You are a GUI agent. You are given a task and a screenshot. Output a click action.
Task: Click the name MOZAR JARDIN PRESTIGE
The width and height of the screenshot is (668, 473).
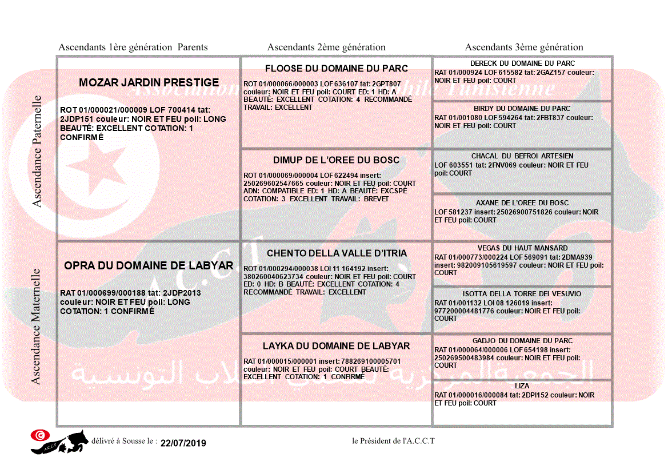coord(149,82)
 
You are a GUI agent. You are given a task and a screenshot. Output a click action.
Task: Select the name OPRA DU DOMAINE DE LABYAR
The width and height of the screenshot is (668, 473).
coord(149,265)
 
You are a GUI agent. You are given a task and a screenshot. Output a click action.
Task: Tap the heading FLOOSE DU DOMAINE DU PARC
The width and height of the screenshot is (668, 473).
coord(337,69)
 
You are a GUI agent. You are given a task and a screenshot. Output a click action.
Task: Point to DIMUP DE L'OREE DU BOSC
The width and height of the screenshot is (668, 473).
coord(337,160)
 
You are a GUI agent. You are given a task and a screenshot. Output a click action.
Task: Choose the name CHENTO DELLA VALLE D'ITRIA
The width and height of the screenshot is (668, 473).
coord(337,253)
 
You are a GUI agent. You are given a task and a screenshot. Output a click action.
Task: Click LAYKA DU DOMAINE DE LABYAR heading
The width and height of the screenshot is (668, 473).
coord(337,346)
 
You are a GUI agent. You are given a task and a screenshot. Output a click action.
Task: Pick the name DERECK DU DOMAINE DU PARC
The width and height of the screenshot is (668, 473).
coord(522,63)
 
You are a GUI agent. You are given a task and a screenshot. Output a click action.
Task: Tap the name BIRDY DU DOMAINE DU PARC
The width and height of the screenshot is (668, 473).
coord(522,109)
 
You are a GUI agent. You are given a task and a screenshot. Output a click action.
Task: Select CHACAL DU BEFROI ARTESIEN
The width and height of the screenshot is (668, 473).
coord(522,156)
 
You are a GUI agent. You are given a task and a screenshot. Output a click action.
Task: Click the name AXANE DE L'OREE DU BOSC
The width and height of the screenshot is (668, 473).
coord(522,203)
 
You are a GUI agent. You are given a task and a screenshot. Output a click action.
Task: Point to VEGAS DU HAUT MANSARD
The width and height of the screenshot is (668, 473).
coord(522,248)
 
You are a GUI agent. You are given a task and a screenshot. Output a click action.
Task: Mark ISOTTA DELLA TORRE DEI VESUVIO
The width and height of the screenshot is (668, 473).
coord(522,294)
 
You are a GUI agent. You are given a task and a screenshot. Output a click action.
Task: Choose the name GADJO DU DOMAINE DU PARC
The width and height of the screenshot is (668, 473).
coord(522,341)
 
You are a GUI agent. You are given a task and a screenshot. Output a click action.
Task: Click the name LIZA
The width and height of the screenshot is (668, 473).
coord(522,387)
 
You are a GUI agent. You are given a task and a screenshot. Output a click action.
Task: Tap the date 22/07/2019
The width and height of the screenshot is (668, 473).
coord(183,443)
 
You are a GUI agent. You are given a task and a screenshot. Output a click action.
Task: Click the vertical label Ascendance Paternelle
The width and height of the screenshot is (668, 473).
coord(37,151)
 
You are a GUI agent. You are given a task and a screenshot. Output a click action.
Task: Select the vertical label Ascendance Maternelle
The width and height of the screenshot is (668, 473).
coord(36,326)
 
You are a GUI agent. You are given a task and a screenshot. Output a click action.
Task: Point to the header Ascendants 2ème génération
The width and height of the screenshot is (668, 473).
coord(326,47)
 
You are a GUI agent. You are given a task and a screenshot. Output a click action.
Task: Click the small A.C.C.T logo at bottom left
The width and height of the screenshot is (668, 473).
coord(59,441)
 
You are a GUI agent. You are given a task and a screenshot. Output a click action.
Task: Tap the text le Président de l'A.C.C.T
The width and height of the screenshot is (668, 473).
coord(393,441)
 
